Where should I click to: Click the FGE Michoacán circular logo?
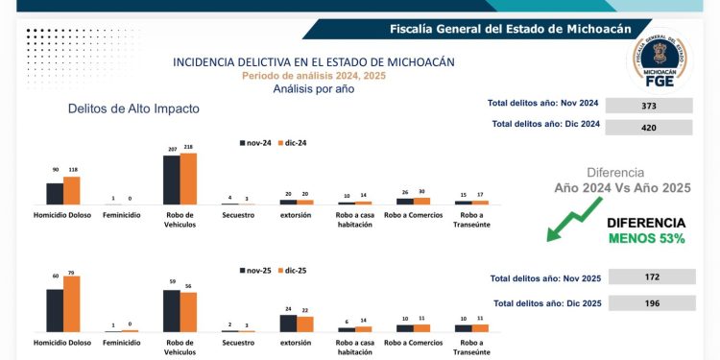[x=660, y=60]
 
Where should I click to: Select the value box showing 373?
[x=648, y=106]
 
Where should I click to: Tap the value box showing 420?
[x=648, y=127]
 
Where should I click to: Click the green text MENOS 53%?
[x=645, y=238]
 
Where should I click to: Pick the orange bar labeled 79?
[x=72, y=304]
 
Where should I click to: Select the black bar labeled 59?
[x=172, y=310]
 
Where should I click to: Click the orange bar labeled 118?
[x=72, y=190]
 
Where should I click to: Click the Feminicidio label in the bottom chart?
[x=123, y=343]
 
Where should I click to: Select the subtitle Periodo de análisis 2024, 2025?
[x=314, y=75]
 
